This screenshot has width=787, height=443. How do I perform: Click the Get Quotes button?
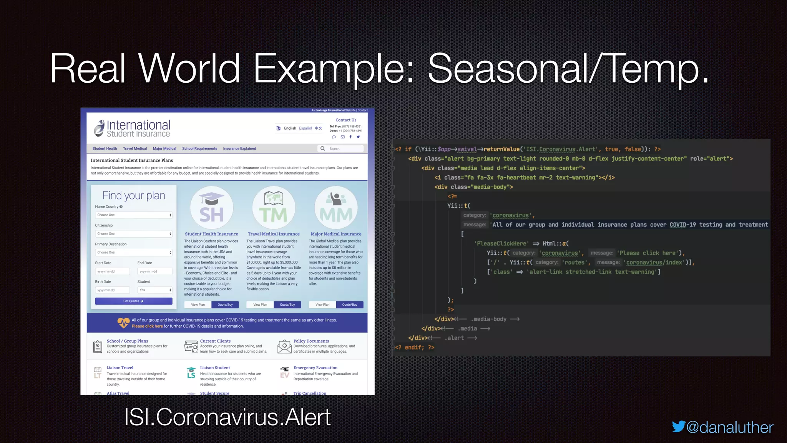(x=133, y=301)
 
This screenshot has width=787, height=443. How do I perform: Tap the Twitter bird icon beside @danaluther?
(x=678, y=426)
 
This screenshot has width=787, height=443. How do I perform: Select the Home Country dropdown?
(x=133, y=215)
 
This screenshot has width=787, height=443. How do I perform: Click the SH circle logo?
(x=211, y=208)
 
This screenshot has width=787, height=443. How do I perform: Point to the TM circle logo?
(x=274, y=208)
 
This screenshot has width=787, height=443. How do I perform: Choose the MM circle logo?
(x=336, y=208)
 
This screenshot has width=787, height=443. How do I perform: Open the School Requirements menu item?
(x=199, y=148)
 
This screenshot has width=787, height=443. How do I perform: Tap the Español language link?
(x=306, y=128)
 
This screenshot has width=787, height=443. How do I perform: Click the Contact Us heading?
(x=346, y=120)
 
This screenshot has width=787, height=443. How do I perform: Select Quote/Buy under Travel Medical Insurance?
(x=287, y=305)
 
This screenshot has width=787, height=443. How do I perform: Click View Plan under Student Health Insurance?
(x=198, y=305)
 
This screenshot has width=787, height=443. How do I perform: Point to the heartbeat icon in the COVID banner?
(x=123, y=323)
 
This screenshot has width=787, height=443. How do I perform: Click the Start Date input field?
(x=112, y=271)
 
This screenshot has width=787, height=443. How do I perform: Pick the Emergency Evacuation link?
(x=315, y=368)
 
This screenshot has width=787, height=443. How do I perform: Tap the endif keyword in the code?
(x=414, y=347)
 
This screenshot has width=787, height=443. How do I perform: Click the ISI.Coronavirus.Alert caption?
(x=227, y=417)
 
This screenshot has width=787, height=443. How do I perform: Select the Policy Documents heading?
(x=311, y=341)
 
